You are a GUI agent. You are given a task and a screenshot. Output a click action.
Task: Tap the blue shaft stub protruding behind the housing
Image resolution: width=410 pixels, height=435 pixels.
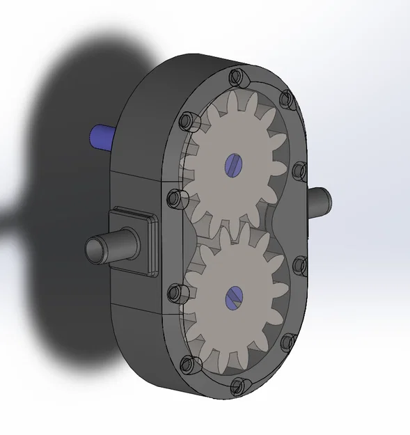click(102, 137)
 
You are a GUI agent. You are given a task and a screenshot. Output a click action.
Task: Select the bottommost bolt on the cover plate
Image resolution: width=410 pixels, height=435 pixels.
click(237, 384)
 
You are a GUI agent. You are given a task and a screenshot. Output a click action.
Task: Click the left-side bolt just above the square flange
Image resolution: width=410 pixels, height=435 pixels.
click(174, 198)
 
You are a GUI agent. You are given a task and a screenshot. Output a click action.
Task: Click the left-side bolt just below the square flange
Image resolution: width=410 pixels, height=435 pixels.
click(175, 290)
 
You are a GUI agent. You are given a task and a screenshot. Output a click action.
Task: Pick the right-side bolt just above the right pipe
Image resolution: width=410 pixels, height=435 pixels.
click(299, 169)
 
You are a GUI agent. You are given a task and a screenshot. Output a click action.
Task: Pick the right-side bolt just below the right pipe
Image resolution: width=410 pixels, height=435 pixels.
click(299, 263)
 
